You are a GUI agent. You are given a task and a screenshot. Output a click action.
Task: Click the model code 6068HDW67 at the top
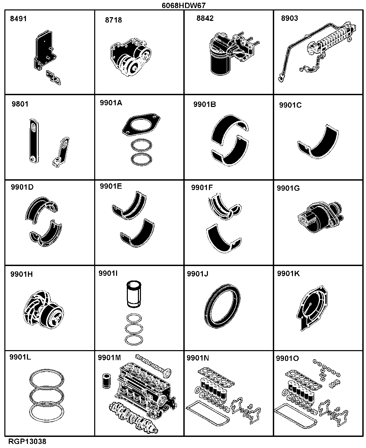(x=184, y=5)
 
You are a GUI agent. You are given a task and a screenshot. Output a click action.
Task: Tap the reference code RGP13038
(x=27, y=441)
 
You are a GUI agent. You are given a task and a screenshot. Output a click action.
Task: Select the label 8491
(x=19, y=19)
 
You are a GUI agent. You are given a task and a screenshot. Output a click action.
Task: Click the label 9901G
(x=288, y=188)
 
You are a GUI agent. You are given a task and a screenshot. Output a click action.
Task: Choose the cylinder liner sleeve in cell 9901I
(x=134, y=294)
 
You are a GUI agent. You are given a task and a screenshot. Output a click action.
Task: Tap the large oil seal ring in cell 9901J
(x=222, y=306)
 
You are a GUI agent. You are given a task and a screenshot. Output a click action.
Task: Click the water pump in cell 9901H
(x=43, y=310)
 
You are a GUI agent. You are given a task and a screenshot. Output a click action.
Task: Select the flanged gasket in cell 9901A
(x=141, y=124)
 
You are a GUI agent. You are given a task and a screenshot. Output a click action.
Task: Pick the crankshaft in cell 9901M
(x=134, y=418)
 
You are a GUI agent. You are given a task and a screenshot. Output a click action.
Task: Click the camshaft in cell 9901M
(x=153, y=366)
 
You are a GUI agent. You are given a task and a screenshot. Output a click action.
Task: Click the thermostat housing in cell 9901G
(x=320, y=217)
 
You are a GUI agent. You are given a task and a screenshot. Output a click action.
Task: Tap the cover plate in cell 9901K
(x=312, y=308)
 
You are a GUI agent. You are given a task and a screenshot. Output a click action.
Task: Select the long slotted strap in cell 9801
(x=34, y=141)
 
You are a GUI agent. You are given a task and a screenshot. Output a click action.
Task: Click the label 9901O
(x=287, y=358)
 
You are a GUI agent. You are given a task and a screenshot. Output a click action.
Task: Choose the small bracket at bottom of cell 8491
(x=53, y=78)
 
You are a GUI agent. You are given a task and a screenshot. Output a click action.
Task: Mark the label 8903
(x=290, y=18)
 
